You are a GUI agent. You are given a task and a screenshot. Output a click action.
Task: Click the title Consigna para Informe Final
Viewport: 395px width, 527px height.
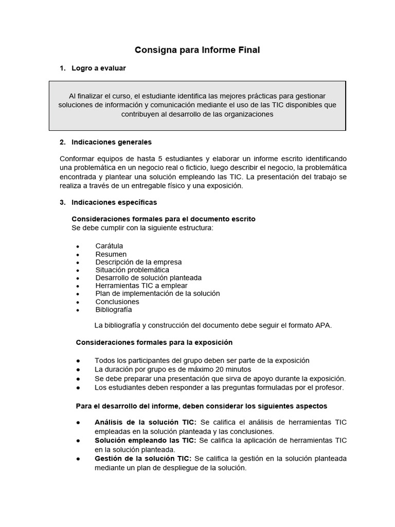click(x=197, y=50)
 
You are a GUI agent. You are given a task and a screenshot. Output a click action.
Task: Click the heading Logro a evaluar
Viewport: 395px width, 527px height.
click(x=99, y=68)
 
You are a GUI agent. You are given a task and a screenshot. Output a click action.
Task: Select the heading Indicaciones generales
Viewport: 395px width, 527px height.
click(x=112, y=142)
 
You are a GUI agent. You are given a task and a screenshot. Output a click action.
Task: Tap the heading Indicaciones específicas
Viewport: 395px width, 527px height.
click(x=114, y=202)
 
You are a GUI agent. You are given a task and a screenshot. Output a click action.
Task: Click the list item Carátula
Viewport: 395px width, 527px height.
click(x=109, y=246)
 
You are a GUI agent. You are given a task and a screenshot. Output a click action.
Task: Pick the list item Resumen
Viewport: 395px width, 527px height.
click(x=111, y=254)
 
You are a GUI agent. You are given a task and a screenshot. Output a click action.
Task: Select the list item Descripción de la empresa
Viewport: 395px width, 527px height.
click(x=138, y=262)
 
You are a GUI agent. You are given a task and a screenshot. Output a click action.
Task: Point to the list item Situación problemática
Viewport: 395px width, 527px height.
click(x=132, y=270)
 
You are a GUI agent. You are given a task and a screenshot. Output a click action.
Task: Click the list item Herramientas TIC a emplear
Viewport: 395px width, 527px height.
click(x=141, y=286)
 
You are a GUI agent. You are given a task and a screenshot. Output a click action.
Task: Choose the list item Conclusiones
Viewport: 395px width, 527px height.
click(x=117, y=302)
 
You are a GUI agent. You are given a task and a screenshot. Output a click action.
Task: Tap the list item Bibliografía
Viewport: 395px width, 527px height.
click(x=114, y=310)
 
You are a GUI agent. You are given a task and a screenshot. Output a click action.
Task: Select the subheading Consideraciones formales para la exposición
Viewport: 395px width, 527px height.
click(x=154, y=342)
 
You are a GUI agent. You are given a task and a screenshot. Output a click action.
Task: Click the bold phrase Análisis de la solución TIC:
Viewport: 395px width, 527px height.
click(x=146, y=423)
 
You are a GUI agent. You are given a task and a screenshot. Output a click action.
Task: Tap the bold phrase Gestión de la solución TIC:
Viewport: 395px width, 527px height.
click(x=143, y=459)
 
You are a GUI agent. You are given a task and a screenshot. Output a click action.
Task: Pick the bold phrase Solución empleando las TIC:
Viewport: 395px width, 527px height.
click(x=146, y=441)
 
